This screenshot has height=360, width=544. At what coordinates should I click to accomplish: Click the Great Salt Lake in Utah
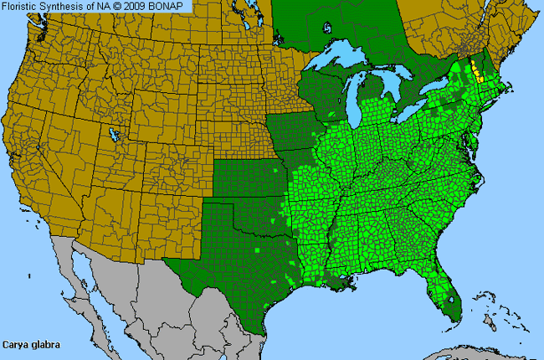112,133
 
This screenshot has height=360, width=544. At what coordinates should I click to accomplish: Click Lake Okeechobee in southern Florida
449,296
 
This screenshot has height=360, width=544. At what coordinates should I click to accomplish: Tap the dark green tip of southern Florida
452,314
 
